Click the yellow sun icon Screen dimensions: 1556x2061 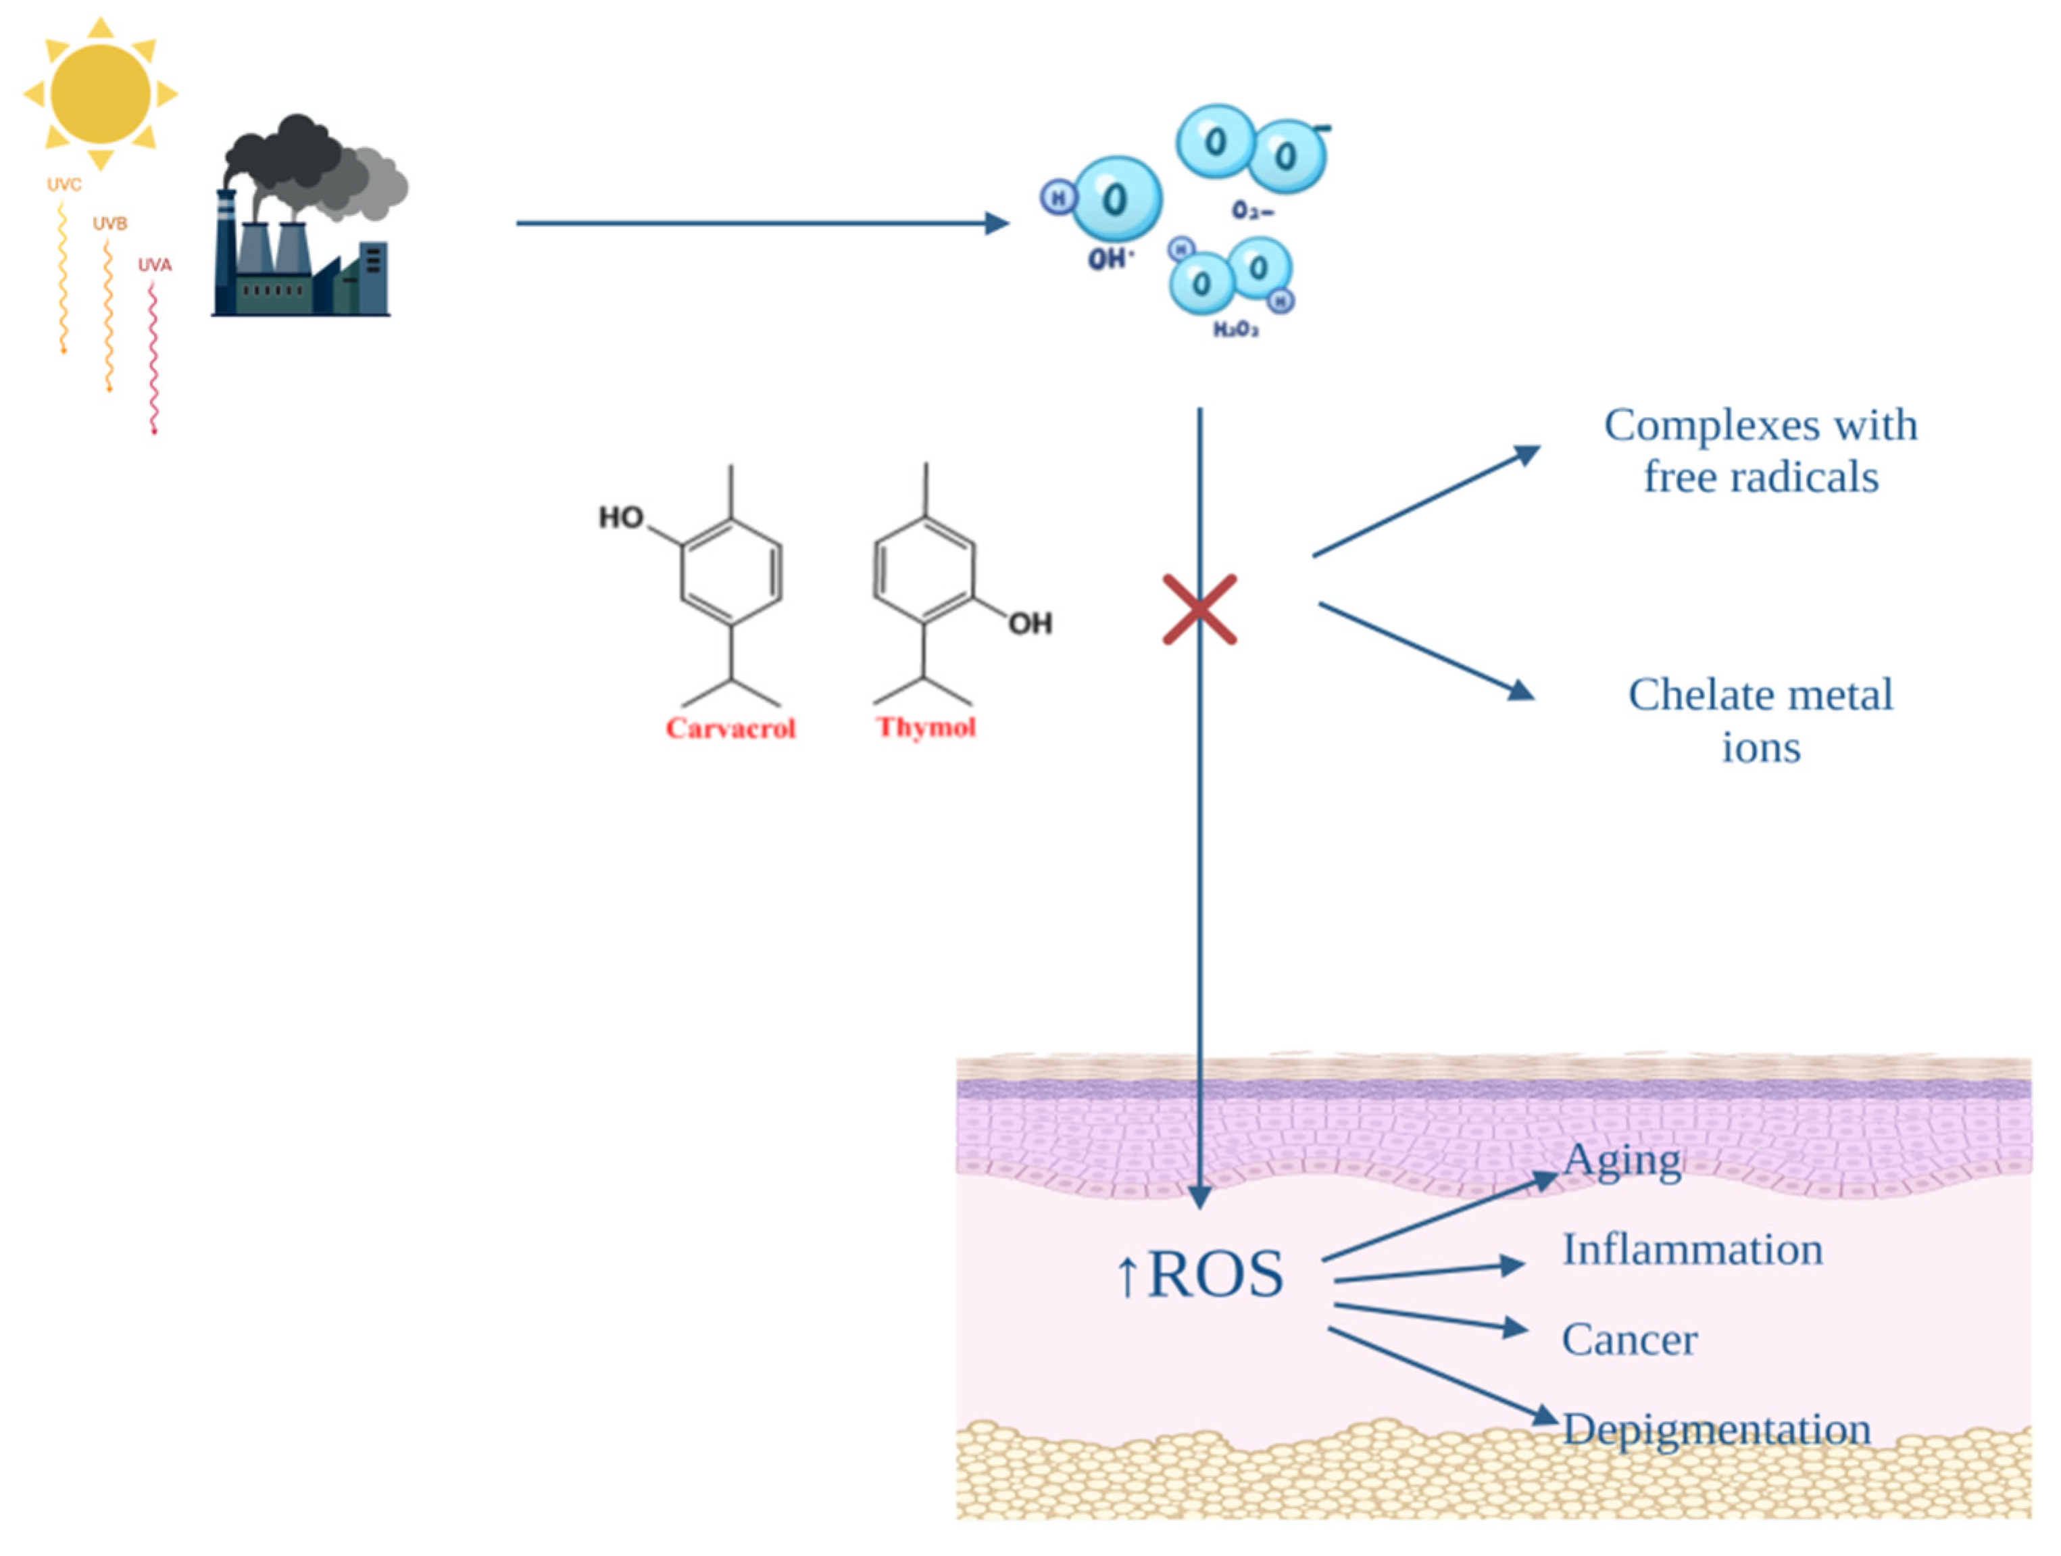click(x=101, y=93)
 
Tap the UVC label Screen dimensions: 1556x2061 click(x=64, y=185)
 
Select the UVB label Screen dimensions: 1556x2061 click(x=110, y=224)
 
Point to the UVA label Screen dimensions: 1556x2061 click(x=155, y=264)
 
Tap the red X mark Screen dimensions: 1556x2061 click(x=1199, y=610)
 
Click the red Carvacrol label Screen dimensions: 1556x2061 click(x=730, y=728)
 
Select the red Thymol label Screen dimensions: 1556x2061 click(x=925, y=727)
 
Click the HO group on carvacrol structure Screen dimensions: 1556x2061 click(x=620, y=517)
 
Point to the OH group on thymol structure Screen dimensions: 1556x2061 click(x=1030, y=623)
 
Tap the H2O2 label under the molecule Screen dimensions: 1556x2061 click(x=1235, y=329)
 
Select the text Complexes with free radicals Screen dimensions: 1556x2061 click(x=1760, y=451)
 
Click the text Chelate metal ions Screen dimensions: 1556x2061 click(x=1760, y=721)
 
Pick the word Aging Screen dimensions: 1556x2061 click(x=1622, y=1161)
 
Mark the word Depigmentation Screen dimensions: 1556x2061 click(x=1716, y=1430)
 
